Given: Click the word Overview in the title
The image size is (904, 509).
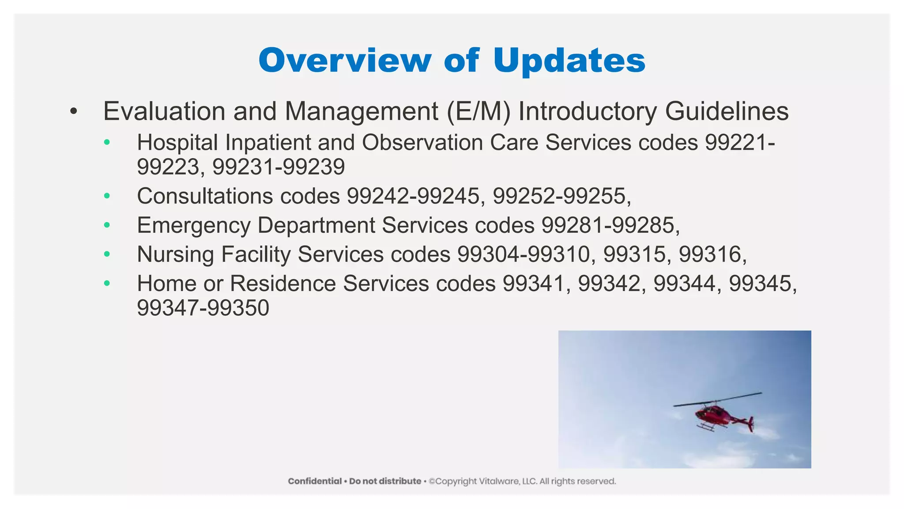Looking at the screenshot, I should (x=345, y=60).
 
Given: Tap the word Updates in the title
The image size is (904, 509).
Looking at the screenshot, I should (x=569, y=61).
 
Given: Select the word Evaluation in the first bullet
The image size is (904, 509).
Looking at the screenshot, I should (x=164, y=111).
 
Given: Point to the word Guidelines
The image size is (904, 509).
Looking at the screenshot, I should (x=727, y=111).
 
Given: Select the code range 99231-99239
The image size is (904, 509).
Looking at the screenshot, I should (x=279, y=167).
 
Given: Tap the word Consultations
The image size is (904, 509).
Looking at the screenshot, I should (x=205, y=196).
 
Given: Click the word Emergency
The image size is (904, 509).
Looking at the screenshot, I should (x=194, y=225).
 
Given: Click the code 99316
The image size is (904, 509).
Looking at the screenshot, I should (x=710, y=254).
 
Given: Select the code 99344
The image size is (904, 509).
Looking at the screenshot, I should (x=684, y=283).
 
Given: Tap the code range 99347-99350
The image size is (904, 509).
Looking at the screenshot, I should (x=203, y=308).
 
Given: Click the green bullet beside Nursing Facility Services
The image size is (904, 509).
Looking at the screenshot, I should (x=107, y=254).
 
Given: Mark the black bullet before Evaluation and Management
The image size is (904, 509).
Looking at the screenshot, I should (x=74, y=111).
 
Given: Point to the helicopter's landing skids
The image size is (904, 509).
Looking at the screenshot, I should (x=705, y=428).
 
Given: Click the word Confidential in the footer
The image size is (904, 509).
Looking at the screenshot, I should (x=315, y=481).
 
